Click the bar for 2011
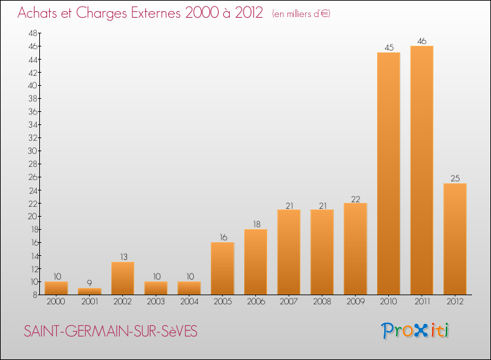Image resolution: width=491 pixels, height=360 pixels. [x=422, y=170]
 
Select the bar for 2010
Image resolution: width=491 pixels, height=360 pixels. [x=389, y=173]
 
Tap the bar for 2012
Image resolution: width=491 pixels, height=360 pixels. [x=455, y=239]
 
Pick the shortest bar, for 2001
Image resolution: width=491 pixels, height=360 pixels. [x=90, y=291]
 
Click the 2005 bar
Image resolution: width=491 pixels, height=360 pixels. [x=223, y=268]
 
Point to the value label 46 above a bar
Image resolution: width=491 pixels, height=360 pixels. [x=422, y=41]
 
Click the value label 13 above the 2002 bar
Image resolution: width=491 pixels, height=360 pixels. [x=124, y=257]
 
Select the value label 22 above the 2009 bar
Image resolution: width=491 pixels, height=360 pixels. [x=355, y=199]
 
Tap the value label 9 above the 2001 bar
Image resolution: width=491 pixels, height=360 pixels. [x=90, y=283]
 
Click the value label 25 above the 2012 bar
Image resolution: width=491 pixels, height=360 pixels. [x=455, y=179]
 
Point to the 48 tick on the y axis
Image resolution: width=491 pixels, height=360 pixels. [x=33, y=33]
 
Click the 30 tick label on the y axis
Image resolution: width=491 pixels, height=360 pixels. [x=33, y=151]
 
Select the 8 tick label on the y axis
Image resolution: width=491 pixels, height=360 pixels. [x=35, y=295]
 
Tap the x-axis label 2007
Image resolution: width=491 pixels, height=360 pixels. [x=289, y=302]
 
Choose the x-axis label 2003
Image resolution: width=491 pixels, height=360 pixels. [x=156, y=302]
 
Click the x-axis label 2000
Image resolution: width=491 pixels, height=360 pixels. [x=56, y=302]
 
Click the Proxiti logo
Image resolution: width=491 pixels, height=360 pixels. [x=415, y=331]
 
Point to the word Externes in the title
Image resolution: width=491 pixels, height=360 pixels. [x=156, y=13]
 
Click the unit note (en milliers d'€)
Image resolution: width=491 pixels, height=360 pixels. [x=301, y=14]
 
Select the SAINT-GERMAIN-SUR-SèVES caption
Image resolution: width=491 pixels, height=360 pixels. [x=111, y=331]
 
